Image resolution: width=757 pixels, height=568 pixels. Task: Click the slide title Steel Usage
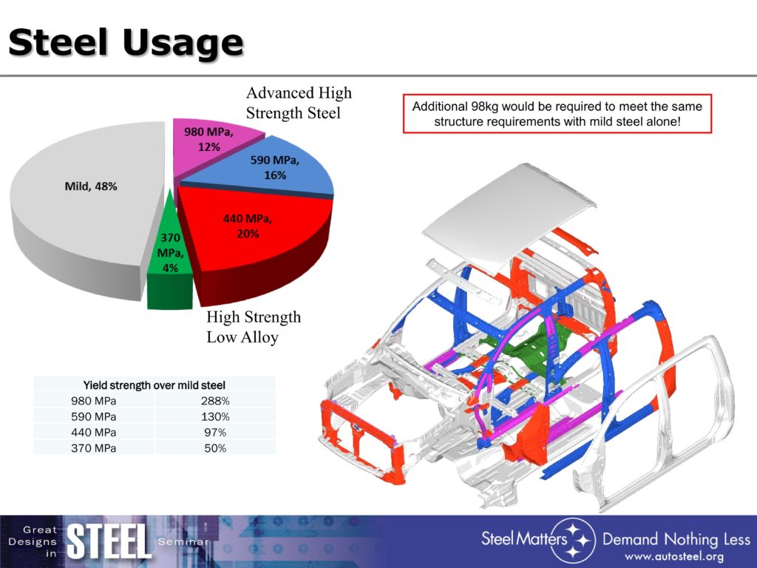click(x=126, y=42)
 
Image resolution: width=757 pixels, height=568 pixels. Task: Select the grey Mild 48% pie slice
click(x=87, y=203)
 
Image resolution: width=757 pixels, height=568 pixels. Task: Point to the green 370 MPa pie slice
click(x=169, y=261)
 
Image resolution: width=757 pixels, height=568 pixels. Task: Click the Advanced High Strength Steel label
click(x=299, y=103)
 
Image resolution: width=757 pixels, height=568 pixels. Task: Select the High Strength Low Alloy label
click(x=254, y=327)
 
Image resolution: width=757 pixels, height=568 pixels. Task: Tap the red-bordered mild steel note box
click(x=557, y=113)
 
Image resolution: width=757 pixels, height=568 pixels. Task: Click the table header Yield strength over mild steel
click(x=154, y=385)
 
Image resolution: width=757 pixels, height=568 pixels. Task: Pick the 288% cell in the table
click(x=215, y=401)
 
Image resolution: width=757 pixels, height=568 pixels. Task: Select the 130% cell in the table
click(x=215, y=417)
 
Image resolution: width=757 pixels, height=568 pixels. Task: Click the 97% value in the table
click(x=215, y=432)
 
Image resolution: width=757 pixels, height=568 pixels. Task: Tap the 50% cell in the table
click(x=215, y=448)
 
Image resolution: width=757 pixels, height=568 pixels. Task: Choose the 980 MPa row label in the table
click(x=94, y=401)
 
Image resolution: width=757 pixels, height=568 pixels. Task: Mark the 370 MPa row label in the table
click(x=94, y=448)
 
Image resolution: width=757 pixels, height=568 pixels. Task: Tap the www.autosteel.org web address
click(x=674, y=557)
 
